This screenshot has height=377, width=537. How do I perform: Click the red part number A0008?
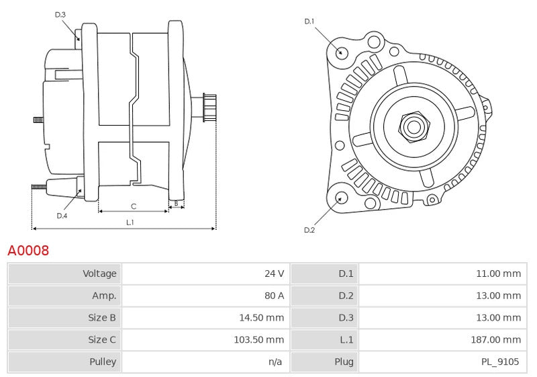click(x=28, y=251)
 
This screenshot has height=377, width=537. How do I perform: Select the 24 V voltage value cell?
click(x=274, y=274)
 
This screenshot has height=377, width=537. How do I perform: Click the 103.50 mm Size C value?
click(x=259, y=340)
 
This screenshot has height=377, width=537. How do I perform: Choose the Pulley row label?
click(x=103, y=362)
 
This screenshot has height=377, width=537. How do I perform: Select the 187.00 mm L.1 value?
click(x=496, y=340)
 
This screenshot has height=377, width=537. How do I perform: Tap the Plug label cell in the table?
click(x=344, y=362)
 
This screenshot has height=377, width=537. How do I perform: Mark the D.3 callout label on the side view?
click(x=60, y=14)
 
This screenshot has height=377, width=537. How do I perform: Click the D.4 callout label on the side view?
click(x=62, y=216)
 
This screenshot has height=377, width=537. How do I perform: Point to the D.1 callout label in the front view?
click(x=309, y=22)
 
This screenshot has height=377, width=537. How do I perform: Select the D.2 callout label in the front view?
click(x=309, y=230)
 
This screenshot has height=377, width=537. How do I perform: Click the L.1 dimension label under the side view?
click(x=130, y=222)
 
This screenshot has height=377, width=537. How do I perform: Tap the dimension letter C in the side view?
click(x=134, y=206)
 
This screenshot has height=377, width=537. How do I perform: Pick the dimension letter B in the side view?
click(x=176, y=203)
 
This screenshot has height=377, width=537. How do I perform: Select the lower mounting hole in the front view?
click(x=340, y=198)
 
